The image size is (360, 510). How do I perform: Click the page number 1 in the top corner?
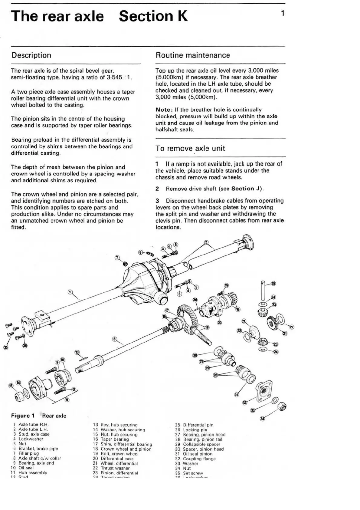coord(282,13)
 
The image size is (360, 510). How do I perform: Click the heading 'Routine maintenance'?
coord(193,55)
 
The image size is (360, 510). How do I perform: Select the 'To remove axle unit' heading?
coord(190,148)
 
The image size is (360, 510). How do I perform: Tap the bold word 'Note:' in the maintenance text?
coord(164,110)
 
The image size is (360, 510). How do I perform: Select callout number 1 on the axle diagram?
coord(70,292)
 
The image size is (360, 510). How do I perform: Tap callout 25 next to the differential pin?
coord(273,284)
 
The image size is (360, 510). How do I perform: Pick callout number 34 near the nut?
coord(262,419)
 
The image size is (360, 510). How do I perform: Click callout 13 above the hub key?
coord(77,352)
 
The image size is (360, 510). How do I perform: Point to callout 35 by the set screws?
coord(6,347)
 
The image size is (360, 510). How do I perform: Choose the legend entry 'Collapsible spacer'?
coord(201,444)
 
